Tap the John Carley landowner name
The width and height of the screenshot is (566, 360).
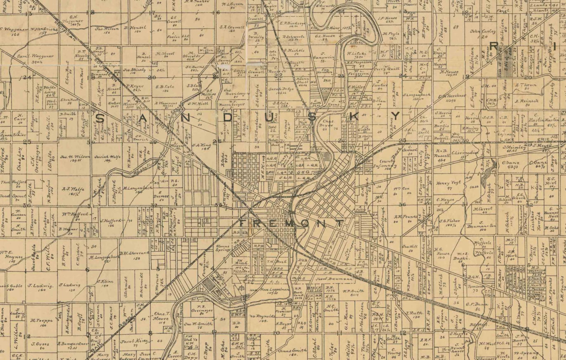[483, 32]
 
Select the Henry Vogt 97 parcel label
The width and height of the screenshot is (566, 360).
[448, 185]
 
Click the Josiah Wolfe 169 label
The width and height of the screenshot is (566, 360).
[107, 158]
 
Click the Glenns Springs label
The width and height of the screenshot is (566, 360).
[223, 248]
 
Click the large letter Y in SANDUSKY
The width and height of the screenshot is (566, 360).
[396, 116]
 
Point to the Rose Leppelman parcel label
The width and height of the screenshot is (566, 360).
[274, 291]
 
